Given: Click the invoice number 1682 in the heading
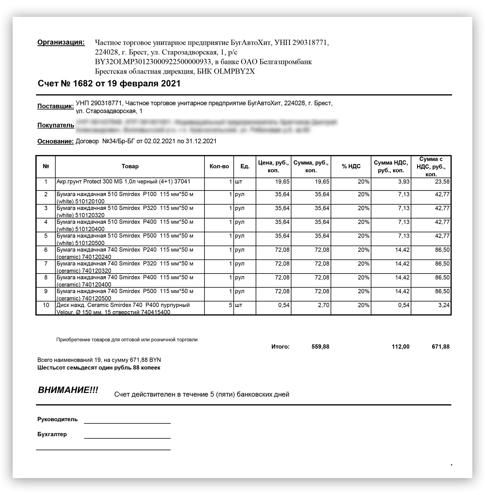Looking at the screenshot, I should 83,84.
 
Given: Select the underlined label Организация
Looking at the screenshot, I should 61,42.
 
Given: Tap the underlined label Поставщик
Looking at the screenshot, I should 56,106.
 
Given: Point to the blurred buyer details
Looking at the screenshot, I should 206,126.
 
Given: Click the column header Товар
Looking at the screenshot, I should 130,166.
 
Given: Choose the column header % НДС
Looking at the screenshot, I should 351,166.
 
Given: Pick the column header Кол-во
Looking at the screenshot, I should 219,166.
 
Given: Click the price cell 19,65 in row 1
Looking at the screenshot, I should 282,182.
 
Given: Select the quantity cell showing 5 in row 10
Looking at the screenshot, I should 230,305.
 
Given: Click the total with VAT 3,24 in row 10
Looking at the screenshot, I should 444,305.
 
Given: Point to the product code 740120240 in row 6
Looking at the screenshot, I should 97,257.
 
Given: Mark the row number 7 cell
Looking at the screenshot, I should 46,264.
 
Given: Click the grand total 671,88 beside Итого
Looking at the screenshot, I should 441,346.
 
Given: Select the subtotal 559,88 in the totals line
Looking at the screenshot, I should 320,346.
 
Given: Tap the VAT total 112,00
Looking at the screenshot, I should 400,346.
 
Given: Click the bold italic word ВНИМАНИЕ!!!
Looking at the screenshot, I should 68,390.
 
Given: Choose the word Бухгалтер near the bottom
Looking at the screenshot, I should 52,434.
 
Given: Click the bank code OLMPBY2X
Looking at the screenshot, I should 234,71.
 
